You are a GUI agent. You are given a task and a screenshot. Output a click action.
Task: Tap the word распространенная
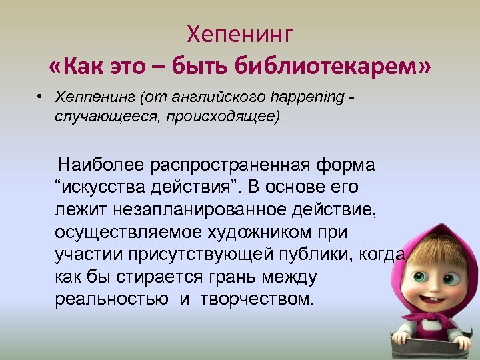point(227,165)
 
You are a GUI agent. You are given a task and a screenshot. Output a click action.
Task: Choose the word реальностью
point(112,298)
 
